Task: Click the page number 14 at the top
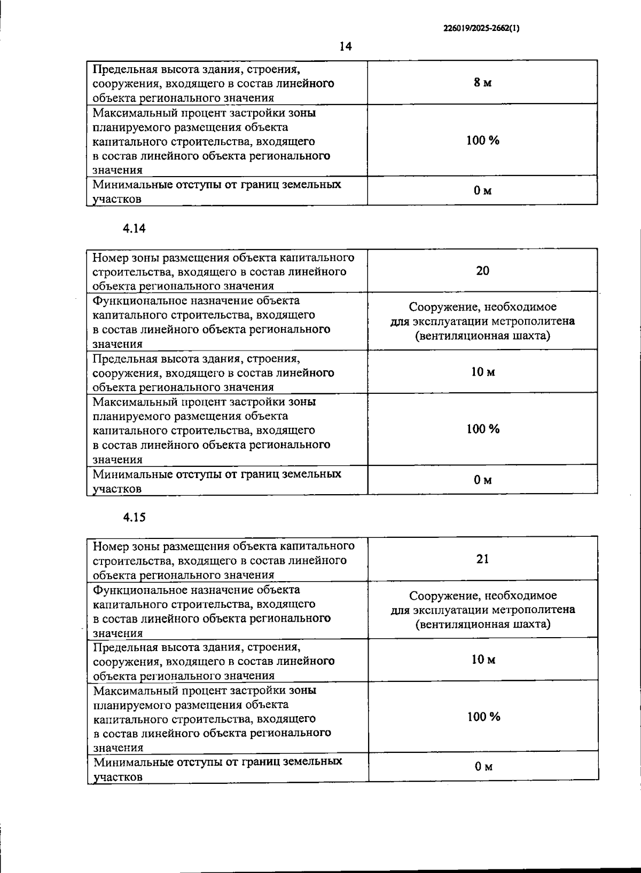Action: point(346,46)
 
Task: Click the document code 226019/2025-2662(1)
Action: point(481,29)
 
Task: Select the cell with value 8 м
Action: point(482,83)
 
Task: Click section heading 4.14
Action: point(134,228)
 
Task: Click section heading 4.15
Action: point(134,517)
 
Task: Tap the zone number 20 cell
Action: point(482,271)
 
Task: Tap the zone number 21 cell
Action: point(482,559)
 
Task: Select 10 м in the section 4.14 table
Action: point(482,372)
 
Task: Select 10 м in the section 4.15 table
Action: point(482,660)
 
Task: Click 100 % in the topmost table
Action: point(482,141)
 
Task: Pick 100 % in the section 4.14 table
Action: point(482,430)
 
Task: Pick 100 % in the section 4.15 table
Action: point(483,717)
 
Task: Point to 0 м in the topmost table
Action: point(482,191)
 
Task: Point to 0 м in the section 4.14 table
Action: point(482,480)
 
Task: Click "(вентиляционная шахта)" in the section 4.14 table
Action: point(482,336)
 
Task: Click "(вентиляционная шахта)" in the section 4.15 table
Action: point(483,624)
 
